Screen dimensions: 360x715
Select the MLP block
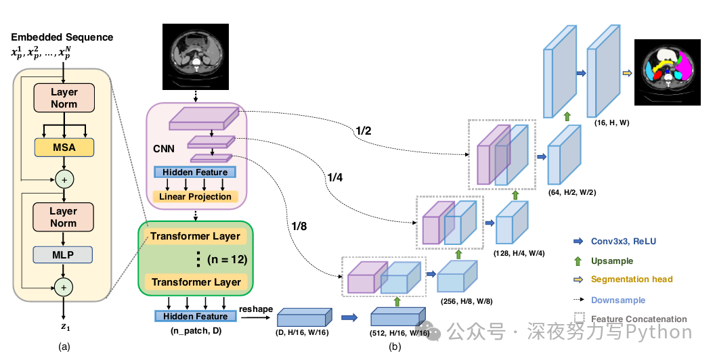click(x=64, y=254)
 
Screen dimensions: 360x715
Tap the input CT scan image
click(x=196, y=57)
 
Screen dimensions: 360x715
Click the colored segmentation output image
click(x=669, y=72)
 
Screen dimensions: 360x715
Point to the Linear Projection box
click(x=195, y=197)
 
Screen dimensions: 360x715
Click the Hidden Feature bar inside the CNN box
click(x=195, y=173)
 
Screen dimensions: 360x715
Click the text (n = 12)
click(x=223, y=258)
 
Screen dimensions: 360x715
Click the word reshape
click(x=256, y=309)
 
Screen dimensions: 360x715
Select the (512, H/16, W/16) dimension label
click(x=399, y=333)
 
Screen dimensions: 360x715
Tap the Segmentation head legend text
click(x=631, y=279)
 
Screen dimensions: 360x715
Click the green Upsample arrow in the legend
click(x=577, y=261)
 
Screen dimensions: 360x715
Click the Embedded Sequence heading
click(x=62, y=37)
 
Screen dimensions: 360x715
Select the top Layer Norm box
click(x=64, y=98)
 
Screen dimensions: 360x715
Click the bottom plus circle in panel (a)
click(x=64, y=288)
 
